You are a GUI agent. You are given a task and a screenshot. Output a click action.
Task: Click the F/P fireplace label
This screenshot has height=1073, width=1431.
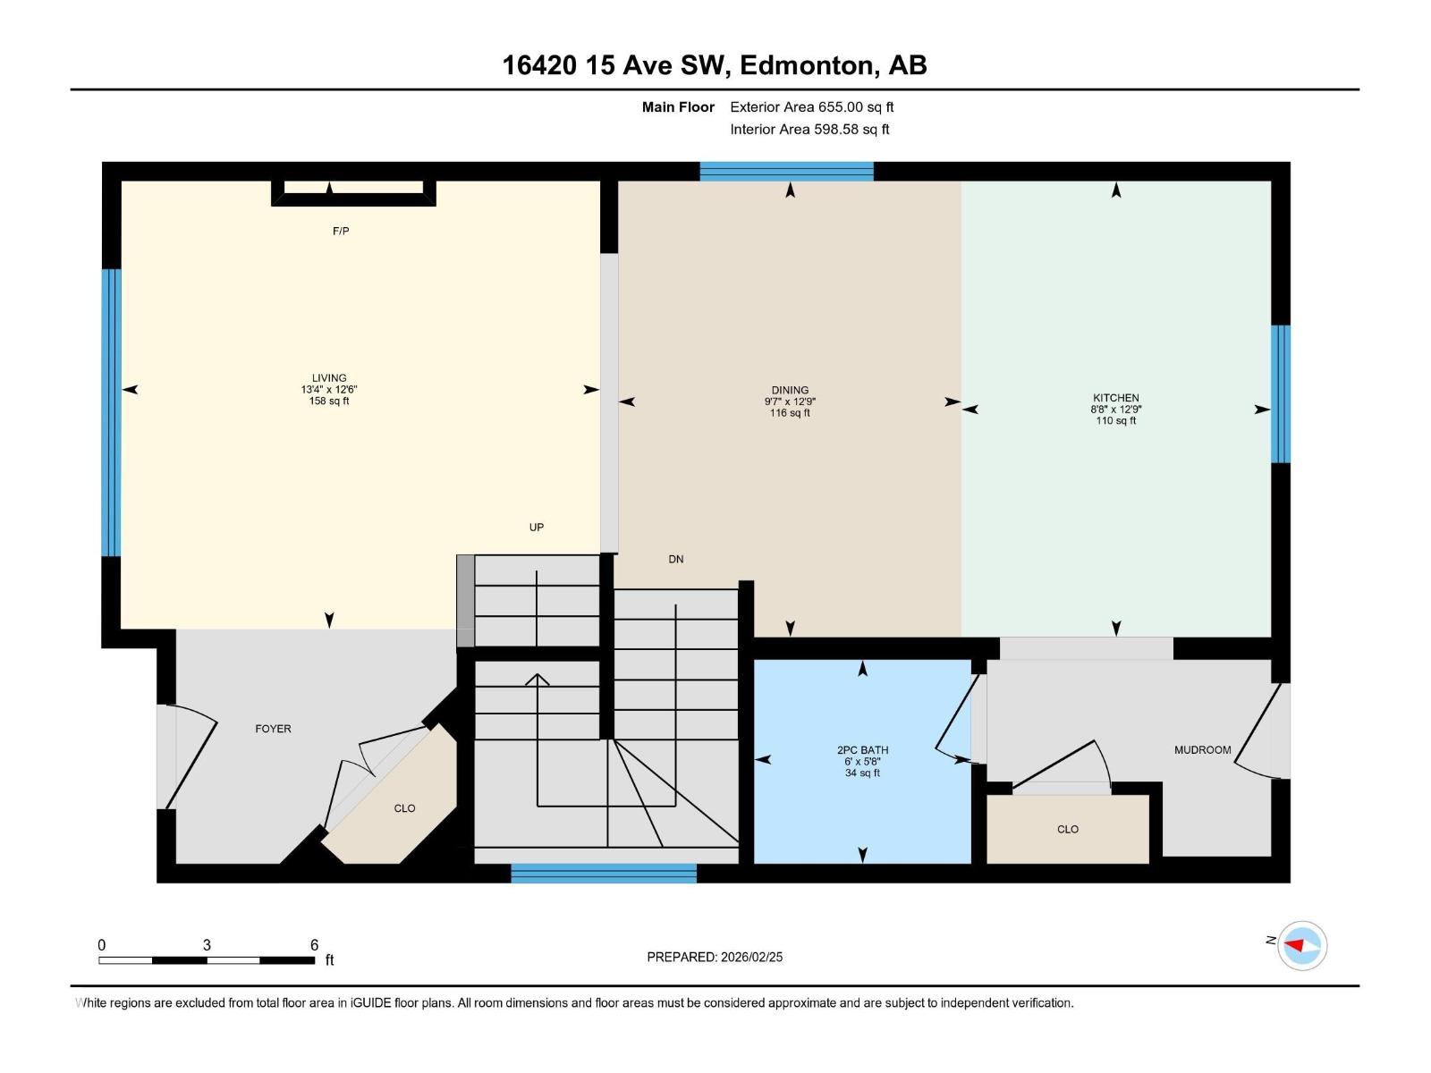point(340,232)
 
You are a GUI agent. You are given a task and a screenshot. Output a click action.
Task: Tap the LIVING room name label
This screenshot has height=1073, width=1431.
point(329,378)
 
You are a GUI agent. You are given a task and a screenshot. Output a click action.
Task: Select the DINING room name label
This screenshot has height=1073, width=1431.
point(790,390)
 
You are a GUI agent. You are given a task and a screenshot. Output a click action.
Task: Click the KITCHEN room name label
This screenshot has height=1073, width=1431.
point(1115,398)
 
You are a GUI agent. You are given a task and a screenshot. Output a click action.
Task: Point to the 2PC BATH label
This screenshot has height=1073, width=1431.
point(862,750)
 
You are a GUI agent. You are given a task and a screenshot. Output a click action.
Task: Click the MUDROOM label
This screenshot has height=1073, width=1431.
point(1202,750)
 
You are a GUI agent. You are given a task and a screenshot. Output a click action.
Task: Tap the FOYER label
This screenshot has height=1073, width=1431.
point(273,729)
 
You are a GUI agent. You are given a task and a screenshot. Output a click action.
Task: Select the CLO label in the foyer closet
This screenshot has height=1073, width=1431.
point(404,808)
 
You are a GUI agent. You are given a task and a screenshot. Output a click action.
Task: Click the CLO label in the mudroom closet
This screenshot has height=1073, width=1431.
point(1067,830)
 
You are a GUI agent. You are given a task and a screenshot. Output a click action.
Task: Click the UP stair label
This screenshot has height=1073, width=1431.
point(536,528)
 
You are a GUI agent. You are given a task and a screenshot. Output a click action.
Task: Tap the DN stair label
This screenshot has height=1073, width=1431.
point(675,560)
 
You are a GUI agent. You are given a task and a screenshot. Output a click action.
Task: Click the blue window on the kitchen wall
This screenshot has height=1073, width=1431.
point(1280,393)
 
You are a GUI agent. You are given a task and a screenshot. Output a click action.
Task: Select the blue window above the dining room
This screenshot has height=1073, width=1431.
point(786,172)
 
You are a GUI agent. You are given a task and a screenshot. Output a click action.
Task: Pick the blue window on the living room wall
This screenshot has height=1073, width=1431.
point(111,412)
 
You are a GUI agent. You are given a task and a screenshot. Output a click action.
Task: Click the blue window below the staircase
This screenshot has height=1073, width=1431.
point(603,873)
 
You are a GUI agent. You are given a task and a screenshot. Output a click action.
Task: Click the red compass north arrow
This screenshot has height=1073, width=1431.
point(1296,945)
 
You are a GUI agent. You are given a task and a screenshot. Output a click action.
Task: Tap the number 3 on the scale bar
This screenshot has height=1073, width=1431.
point(207,945)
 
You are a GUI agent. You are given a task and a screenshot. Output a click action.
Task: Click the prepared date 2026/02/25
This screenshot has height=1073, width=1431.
point(751,957)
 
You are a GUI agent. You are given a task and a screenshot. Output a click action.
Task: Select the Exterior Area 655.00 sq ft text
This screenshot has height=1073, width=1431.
point(811,107)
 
